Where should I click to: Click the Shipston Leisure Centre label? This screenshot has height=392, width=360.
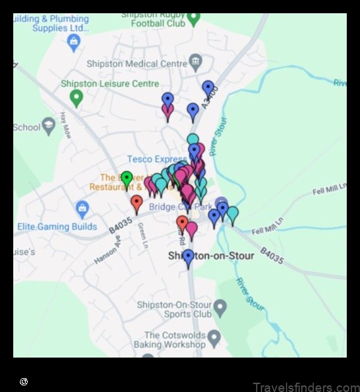pos(110,84)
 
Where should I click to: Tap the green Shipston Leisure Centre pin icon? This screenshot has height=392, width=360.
pos(76,97)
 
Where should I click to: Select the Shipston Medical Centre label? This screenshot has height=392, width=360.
pos(137,64)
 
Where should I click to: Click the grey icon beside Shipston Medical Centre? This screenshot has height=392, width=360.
pos(195,64)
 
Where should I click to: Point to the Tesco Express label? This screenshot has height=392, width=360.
pos(157,159)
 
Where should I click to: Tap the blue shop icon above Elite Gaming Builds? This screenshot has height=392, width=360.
pos(82,209)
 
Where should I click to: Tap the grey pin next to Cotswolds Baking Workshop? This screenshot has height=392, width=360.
pos(214,339)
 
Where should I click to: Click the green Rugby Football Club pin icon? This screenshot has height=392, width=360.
pos(193,17)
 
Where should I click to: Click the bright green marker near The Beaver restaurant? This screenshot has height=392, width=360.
pos(127,179)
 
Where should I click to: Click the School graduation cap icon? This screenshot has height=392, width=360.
pos(48,126)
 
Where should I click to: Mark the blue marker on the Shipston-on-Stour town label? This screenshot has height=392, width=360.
pos(189,257)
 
